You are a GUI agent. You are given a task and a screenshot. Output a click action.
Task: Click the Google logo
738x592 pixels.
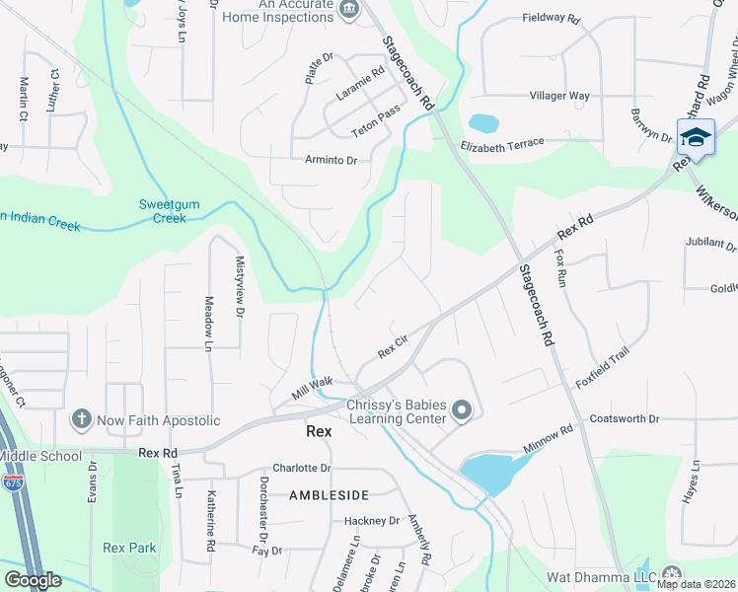pyautogui.click(x=34, y=580)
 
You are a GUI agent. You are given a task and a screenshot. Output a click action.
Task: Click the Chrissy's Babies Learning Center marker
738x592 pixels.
pyautogui.click(x=461, y=410)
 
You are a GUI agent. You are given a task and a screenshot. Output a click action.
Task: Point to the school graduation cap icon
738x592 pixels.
pyautogui.click(x=696, y=137)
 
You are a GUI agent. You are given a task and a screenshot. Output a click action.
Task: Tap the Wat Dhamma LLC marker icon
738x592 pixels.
pyautogui.click(x=672, y=574)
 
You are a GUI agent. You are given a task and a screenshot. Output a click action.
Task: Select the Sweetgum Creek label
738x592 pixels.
pyautogui.click(x=169, y=211)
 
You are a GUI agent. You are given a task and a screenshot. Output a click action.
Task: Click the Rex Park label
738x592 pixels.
pyautogui.click(x=129, y=547)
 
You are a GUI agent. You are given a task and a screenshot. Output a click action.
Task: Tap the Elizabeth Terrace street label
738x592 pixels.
pyautogui.click(x=501, y=144)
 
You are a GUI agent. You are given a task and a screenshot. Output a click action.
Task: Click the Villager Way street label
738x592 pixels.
pyautogui.click(x=559, y=96)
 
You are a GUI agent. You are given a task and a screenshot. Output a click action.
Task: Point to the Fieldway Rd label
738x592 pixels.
pyautogui.click(x=551, y=18)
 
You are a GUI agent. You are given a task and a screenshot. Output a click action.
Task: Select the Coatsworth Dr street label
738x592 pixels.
pyautogui.click(x=624, y=419)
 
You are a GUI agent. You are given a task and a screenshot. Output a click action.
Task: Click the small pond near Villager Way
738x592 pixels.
pyautogui.click(x=483, y=123)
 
